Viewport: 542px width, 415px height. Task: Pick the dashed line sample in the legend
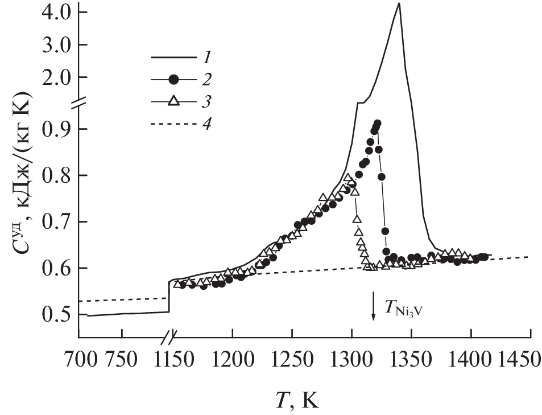(x=174, y=124)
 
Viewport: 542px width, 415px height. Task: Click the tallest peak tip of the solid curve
(x=399, y=4)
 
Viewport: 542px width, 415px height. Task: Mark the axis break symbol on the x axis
(x=168, y=337)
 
